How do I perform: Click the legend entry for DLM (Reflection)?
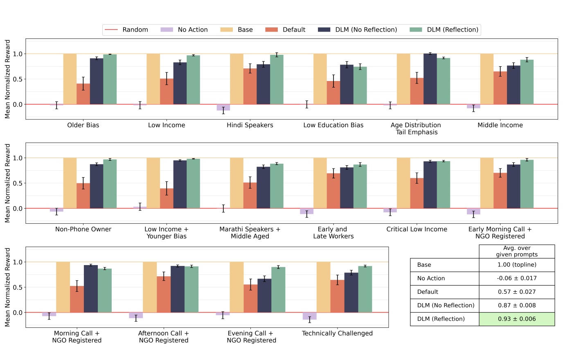click(444, 30)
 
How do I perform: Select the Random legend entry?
click(126, 30)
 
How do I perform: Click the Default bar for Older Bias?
click(83, 94)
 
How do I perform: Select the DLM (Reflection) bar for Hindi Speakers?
click(277, 80)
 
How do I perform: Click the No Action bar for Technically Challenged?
click(309, 316)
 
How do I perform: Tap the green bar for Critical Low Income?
click(444, 185)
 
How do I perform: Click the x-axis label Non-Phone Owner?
click(83, 229)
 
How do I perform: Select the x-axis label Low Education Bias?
click(333, 125)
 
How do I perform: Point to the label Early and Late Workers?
click(333, 233)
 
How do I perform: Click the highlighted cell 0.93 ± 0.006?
click(516, 319)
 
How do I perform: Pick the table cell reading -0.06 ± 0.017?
click(516, 279)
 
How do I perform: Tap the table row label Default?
click(428, 292)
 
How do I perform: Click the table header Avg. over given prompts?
click(516, 251)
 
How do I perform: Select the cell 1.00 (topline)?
click(516, 265)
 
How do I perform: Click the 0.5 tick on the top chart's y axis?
click(17, 79)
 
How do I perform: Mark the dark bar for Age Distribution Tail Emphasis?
click(430, 79)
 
